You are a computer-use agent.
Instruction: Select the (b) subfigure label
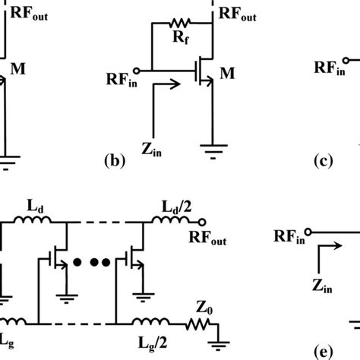click(112, 160)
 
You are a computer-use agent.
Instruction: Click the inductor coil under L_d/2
click(167, 222)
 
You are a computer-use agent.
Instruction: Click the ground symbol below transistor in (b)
click(213, 147)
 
